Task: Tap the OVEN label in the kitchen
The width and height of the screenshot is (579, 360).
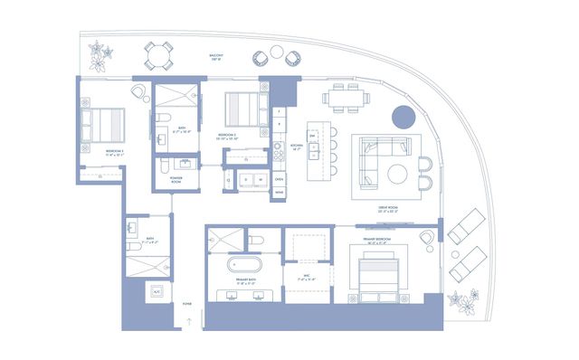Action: (x=279, y=179)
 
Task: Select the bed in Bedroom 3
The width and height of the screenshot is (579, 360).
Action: (x=102, y=123)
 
